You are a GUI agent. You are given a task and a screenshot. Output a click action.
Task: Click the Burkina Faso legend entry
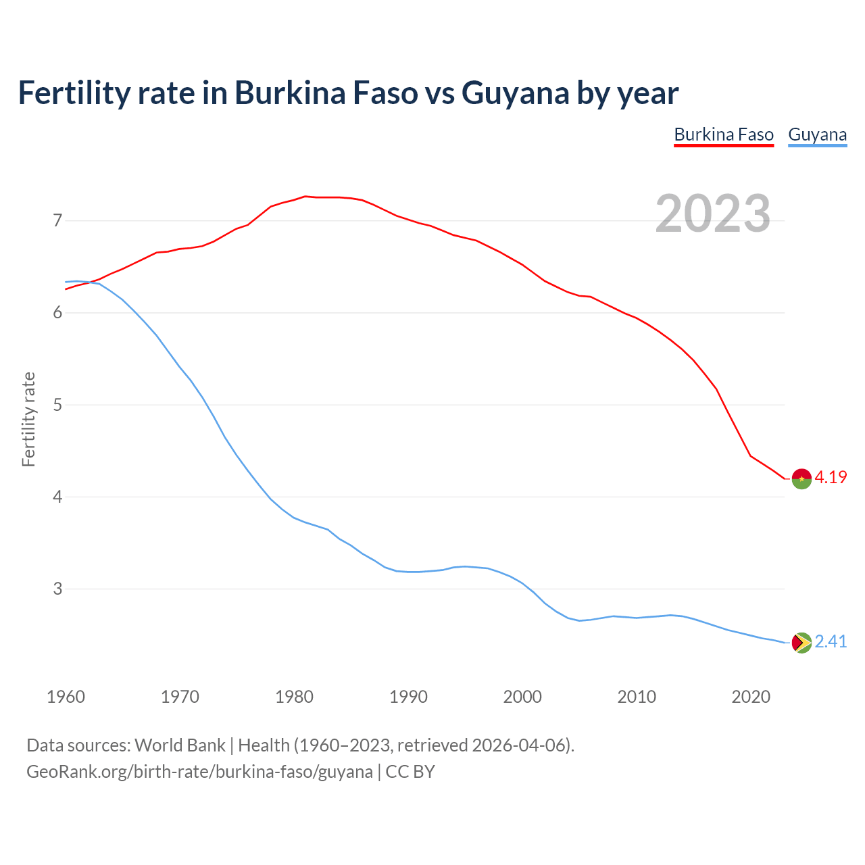[x=724, y=134]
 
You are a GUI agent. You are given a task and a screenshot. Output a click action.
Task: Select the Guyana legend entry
[x=817, y=134]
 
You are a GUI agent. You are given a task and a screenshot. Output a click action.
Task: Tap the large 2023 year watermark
[x=713, y=214]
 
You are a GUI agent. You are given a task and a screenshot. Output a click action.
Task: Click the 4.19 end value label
[x=831, y=477]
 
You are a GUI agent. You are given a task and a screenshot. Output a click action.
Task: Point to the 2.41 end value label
[x=831, y=641]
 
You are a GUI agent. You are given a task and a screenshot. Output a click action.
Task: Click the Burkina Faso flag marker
[x=801, y=478]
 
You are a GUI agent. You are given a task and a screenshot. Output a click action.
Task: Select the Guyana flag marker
[x=801, y=643]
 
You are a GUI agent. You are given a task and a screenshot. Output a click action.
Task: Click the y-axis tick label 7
[x=57, y=220]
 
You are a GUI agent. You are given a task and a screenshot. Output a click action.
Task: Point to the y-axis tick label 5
[x=57, y=405]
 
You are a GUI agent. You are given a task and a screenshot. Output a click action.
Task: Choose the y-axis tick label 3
[x=57, y=589]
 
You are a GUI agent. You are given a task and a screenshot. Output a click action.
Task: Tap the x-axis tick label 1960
[x=66, y=697]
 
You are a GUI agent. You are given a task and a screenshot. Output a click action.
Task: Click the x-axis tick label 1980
[x=294, y=697]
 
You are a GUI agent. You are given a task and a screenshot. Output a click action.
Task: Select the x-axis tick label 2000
[x=522, y=697]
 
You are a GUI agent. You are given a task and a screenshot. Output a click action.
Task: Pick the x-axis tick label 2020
[x=751, y=697]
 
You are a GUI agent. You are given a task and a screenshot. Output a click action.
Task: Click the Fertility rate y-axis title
[x=28, y=419]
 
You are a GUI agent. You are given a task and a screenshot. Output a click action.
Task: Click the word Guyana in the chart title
[x=515, y=93]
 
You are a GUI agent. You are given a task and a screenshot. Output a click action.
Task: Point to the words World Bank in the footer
[x=180, y=745]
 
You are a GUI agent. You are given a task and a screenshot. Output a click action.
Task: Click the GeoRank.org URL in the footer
[x=199, y=772]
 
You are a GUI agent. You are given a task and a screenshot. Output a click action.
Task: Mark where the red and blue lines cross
[x=90, y=282]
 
